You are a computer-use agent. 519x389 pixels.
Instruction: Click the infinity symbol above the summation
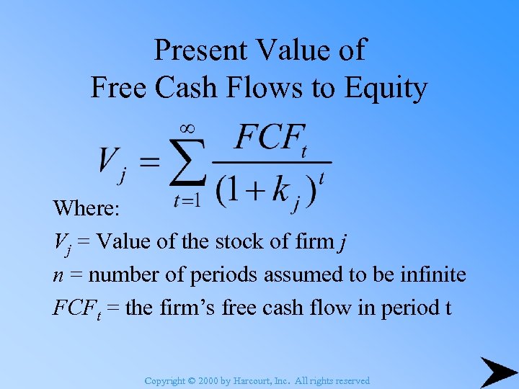pos(186,128)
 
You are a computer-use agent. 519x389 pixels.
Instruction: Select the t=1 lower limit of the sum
pos(187,201)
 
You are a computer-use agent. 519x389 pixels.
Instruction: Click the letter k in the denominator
pos(280,189)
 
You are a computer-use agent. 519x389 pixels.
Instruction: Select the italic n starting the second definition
pos(58,276)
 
